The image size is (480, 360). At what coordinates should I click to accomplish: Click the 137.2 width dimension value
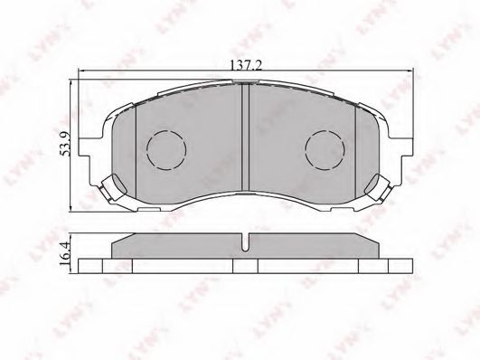click(246, 63)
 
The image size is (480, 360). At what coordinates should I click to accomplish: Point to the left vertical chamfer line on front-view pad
click(136, 145)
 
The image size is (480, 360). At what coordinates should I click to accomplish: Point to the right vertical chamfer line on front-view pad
click(356, 145)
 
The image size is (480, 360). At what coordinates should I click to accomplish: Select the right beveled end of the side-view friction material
click(376, 245)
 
